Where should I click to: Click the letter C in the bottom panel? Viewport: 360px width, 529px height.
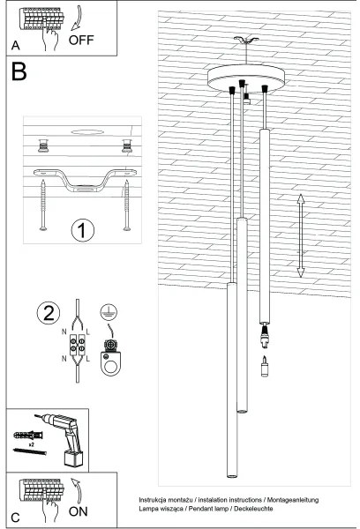click(x=15, y=516)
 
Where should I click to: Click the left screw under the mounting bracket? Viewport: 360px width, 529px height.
click(x=42, y=205)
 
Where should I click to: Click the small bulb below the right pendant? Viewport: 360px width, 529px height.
click(x=263, y=367)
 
